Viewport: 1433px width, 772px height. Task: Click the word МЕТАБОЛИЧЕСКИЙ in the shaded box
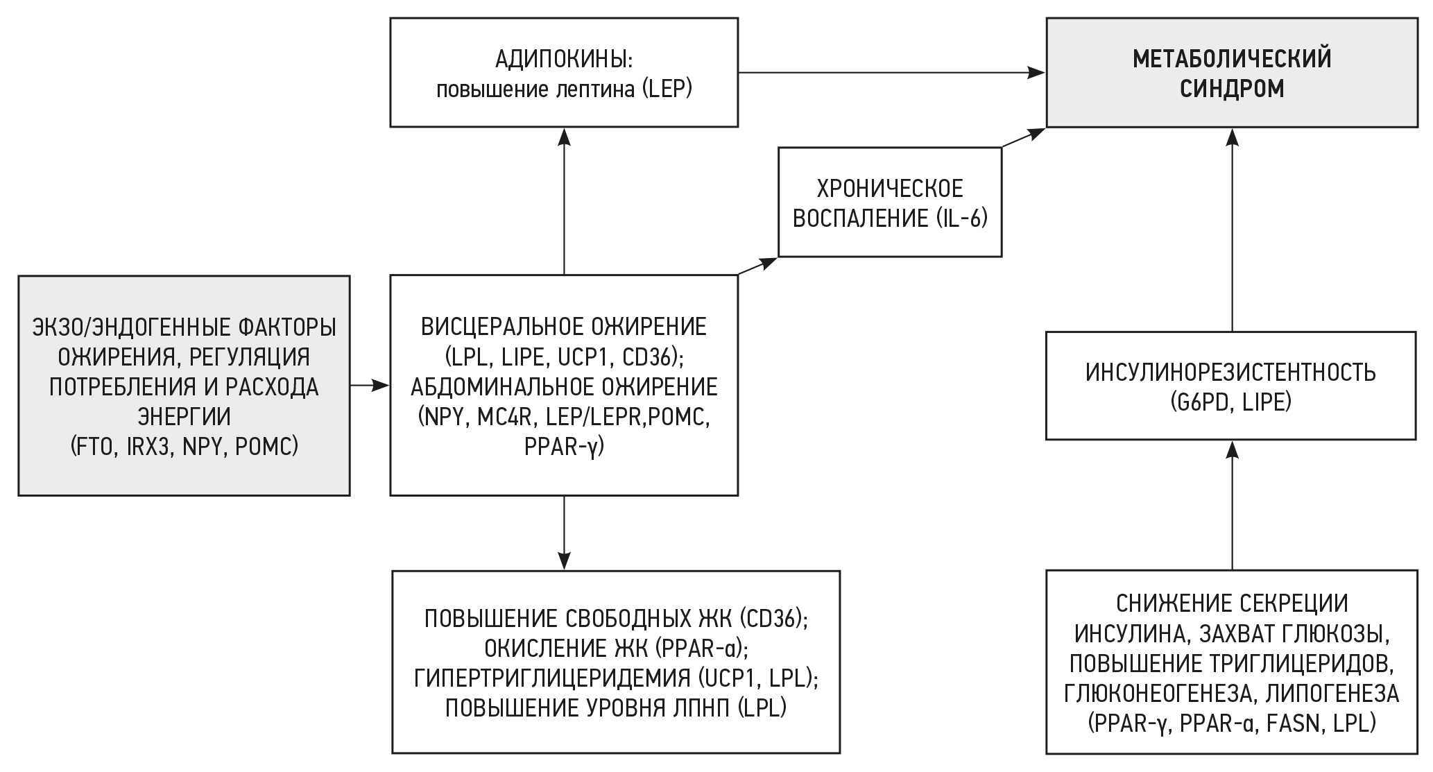1232,59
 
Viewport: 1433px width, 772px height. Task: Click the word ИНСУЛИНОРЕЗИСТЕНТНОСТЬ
1231,372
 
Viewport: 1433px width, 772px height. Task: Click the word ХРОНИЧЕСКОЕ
890,189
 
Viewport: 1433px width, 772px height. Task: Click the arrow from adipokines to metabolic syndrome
891,72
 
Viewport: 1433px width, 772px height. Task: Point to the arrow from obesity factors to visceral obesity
370,385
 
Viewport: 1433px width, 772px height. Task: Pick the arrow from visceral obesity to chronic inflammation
757,266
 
